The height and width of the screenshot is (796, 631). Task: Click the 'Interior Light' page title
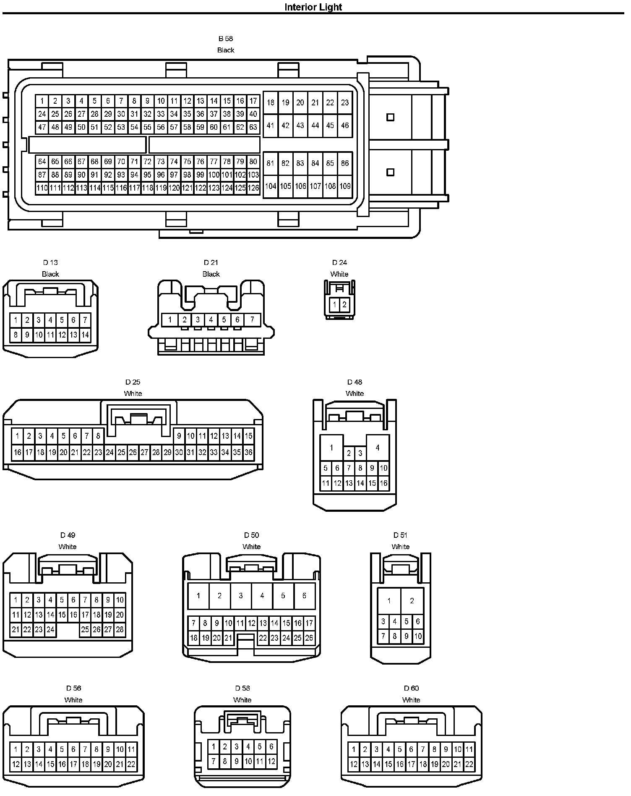pyautogui.click(x=313, y=7)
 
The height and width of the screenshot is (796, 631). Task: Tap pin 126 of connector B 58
pyautogui.click(x=253, y=188)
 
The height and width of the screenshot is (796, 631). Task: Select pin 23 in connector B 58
pyautogui.click(x=345, y=102)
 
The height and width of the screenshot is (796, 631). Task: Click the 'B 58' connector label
pyautogui.click(x=225, y=39)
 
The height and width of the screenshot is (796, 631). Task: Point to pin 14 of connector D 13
pyautogui.click(x=85, y=335)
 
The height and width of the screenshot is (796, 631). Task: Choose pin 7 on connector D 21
pyautogui.click(x=252, y=320)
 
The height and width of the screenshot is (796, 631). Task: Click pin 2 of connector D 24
pyautogui.click(x=344, y=305)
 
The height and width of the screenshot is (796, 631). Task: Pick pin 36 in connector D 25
pyautogui.click(x=248, y=453)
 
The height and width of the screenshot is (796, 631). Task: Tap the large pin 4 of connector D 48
pyautogui.click(x=378, y=448)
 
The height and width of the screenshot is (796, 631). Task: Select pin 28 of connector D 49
pyautogui.click(x=120, y=630)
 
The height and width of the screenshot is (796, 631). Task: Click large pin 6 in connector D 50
pyautogui.click(x=304, y=596)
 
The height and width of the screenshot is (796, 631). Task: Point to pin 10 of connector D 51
pyautogui.click(x=418, y=636)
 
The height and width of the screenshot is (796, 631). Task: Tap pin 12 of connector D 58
pyautogui.click(x=271, y=761)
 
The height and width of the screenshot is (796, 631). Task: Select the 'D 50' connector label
pyautogui.click(x=251, y=535)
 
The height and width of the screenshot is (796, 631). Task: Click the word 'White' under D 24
pyautogui.click(x=339, y=274)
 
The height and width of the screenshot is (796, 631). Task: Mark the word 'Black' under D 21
pyautogui.click(x=211, y=274)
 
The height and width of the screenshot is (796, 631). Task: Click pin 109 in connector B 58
pyautogui.click(x=345, y=186)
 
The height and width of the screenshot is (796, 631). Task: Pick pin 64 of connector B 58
pyautogui.click(x=42, y=162)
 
